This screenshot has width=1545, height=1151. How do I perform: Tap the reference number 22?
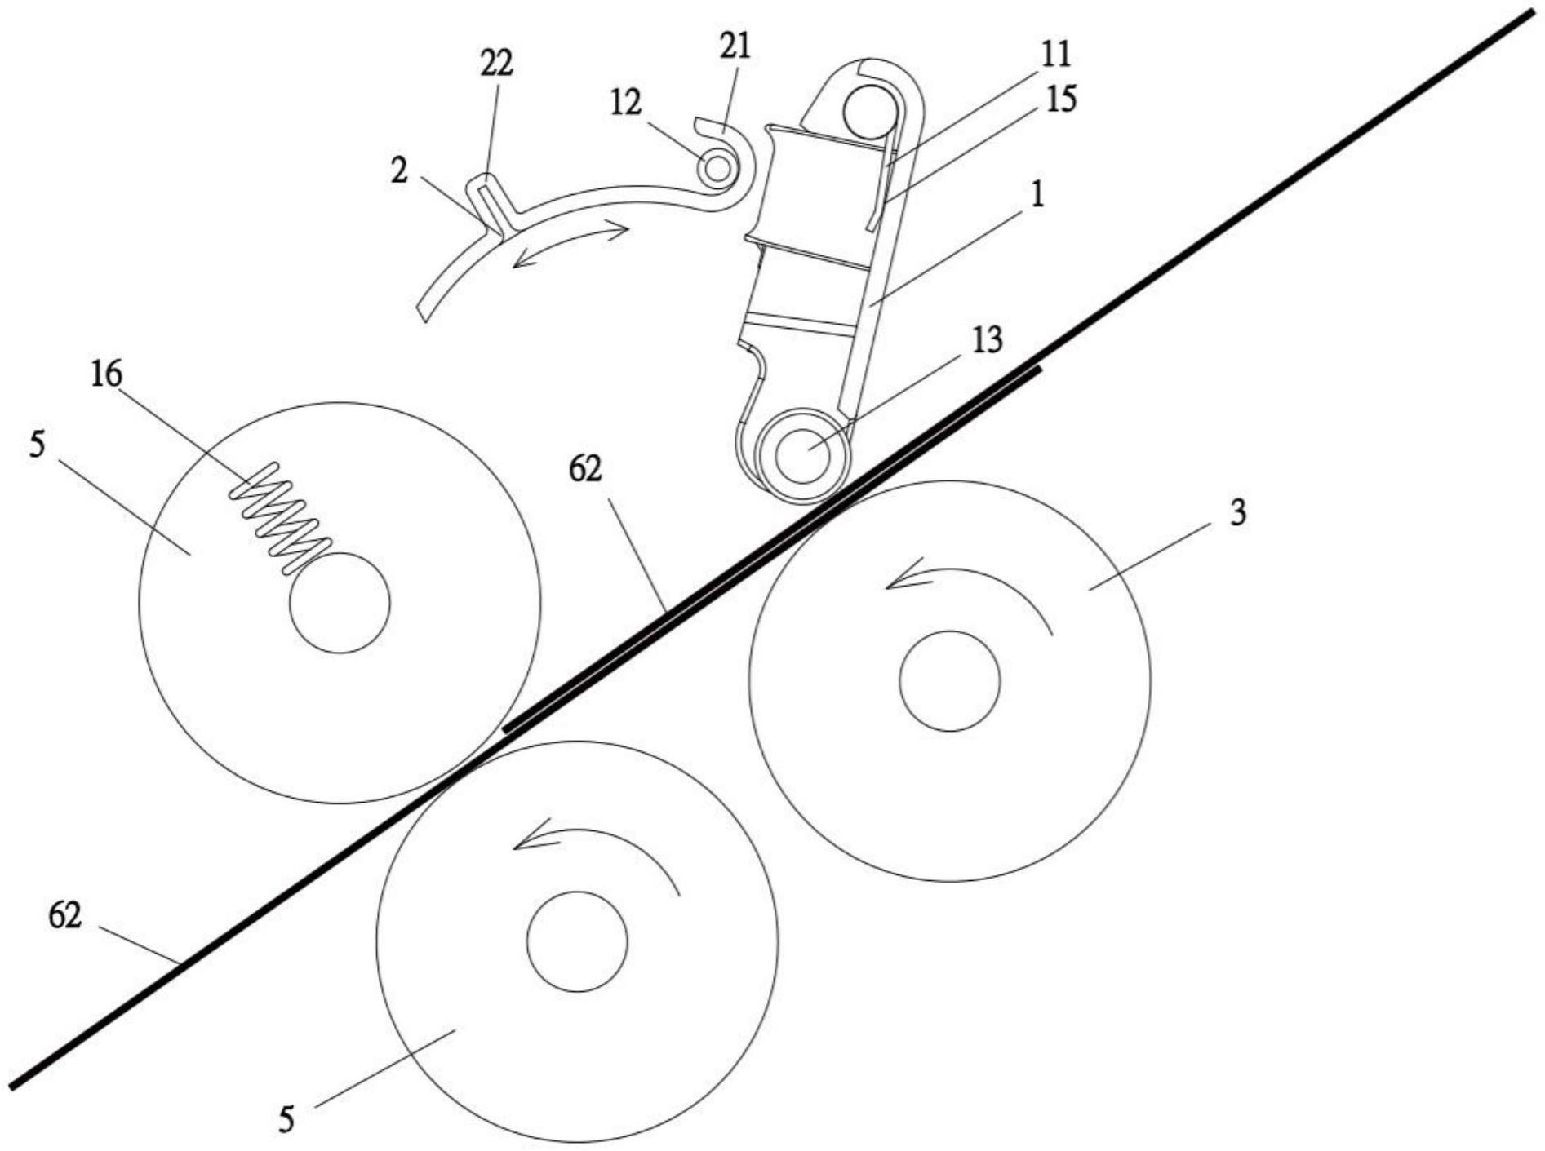[x=496, y=63]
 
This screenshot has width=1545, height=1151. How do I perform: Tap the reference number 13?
[x=986, y=340]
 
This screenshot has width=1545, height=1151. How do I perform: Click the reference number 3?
[x=1237, y=514]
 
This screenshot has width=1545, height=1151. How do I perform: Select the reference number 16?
[x=106, y=374]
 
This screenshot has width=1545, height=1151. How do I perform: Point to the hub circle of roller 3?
[x=949, y=680]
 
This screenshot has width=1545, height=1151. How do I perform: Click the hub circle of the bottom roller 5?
[x=577, y=941]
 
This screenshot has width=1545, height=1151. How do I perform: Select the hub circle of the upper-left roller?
[x=340, y=603]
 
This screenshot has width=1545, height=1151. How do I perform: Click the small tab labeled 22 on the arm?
[x=486, y=204]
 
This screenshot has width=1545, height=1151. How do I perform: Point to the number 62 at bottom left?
[x=65, y=915]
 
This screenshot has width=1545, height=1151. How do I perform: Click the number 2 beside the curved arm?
[x=398, y=171]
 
